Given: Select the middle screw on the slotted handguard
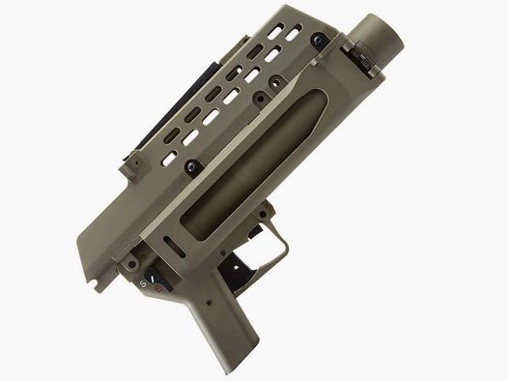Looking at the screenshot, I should click(x=260, y=101).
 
